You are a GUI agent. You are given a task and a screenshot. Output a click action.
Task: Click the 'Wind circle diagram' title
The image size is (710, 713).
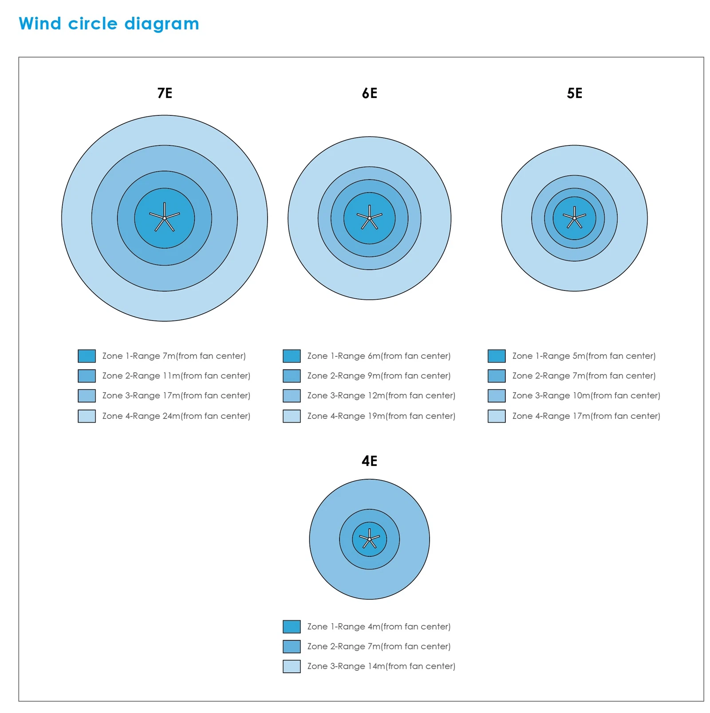pos(109,24)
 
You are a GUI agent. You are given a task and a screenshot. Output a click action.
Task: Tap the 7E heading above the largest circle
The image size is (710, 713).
pos(165,93)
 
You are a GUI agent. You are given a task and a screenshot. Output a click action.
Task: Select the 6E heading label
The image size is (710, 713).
pos(369,93)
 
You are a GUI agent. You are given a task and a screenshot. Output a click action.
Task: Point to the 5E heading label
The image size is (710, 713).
pos(574,93)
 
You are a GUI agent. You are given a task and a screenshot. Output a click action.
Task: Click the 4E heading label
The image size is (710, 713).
pos(369,461)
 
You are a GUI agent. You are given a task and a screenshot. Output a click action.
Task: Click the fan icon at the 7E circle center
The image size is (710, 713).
pos(165,218)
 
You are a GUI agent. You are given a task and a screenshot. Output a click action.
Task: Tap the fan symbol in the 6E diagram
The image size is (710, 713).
pos(369,218)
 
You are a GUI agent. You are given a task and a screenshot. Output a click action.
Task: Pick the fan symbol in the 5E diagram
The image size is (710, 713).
pos(574,218)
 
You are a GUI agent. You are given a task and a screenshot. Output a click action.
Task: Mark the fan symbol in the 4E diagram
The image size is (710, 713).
pos(369,539)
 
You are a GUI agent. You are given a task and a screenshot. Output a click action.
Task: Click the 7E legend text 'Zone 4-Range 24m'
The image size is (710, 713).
pos(176,416)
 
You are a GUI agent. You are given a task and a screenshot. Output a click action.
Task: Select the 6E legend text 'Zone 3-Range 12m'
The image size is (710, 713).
pos(381,395)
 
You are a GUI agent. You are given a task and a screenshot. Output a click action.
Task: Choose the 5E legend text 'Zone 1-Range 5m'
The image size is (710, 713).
pos(584,356)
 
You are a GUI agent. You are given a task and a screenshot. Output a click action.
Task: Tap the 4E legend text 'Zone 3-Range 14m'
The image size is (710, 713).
pos(381,666)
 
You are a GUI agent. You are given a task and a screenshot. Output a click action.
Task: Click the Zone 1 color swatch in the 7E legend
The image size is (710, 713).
pos(87,356)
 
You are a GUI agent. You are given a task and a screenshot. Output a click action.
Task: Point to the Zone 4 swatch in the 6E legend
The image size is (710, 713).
pos(292,416)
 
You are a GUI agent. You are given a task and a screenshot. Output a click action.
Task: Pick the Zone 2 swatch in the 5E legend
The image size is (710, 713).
pos(497,376)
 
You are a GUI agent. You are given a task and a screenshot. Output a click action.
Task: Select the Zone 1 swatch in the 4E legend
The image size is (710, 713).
pos(292,626)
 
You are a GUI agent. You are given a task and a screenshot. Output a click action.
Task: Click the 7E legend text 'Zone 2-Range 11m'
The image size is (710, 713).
pos(176,376)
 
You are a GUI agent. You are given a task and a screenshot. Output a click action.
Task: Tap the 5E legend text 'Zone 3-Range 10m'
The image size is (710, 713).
pos(586,395)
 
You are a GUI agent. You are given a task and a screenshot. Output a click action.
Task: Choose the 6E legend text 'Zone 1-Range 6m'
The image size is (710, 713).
pos(379,356)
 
